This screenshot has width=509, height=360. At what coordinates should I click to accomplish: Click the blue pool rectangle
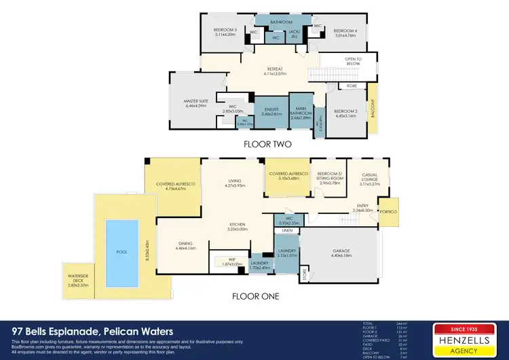pos(122,251)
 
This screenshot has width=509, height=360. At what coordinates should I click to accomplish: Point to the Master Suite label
pos(194,103)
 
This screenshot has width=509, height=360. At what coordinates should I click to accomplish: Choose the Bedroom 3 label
pos(225,32)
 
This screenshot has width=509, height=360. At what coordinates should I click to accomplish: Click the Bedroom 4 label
pos(344,32)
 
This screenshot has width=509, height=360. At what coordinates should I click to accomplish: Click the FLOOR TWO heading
pos(267,145)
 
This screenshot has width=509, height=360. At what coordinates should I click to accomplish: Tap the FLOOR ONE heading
pos(255,296)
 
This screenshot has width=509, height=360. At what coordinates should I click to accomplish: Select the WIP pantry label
pos(226,262)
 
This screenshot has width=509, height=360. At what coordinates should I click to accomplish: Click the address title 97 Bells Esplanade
pos(92,331)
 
